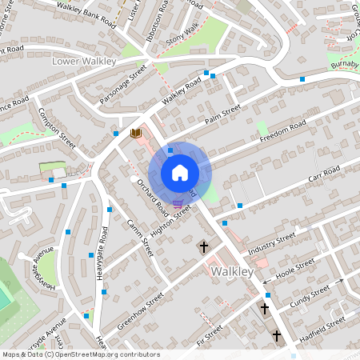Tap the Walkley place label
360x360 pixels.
(x=232, y=273)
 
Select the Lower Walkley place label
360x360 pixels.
(x=84, y=61)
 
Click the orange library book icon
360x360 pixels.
(x=135, y=133)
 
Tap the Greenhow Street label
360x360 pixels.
(x=139, y=309)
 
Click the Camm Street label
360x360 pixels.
(x=141, y=240)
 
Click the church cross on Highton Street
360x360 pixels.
(x=203, y=247)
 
